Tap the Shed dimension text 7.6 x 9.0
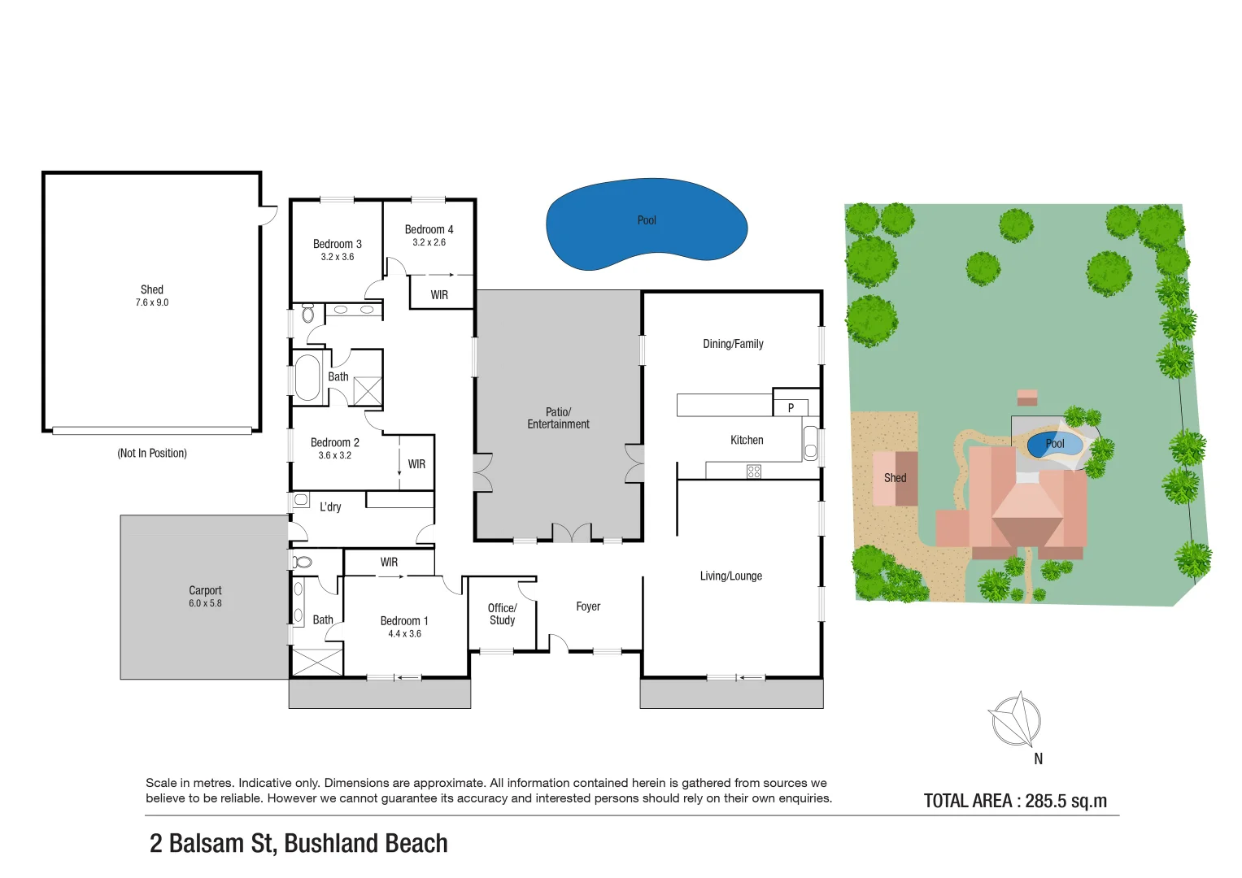point(152,302)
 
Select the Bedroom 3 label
point(337,244)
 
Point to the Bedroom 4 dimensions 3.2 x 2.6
point(429,242)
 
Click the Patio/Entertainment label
point(558,418)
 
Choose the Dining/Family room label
point(733,344)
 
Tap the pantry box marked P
point(791,407)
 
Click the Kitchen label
point(747,440)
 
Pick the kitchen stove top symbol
point(754,471)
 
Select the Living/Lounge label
point(730,576)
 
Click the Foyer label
point(588,606)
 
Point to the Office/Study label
point(502,614)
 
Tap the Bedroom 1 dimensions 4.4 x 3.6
point(404,634)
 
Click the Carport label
point(205,590)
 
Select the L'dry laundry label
point(330,506)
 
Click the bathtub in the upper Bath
point(307,378)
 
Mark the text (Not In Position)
point(152,453)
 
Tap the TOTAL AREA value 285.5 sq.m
point(1066,801)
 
